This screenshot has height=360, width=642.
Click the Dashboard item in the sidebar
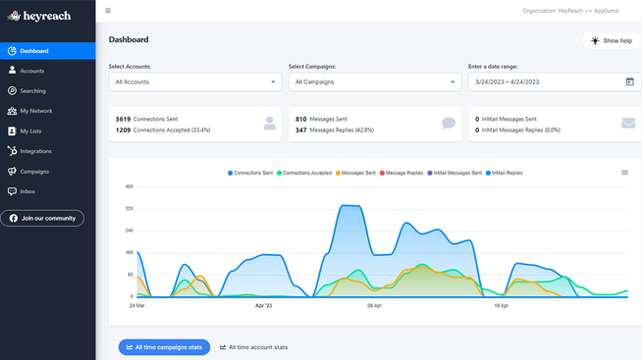tap(33, 51)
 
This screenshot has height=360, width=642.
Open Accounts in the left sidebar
tap(31, 71)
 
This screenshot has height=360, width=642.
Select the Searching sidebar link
tap(32, 91)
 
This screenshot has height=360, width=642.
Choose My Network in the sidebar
tap(35, 111)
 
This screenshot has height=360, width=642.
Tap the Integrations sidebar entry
tap(35, 151)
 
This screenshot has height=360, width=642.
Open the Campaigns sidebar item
tap(34, 172)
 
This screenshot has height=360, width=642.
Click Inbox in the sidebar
tap(27, 191)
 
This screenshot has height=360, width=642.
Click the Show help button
tap(612, 41)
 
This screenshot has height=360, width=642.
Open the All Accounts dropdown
tap(194, 82)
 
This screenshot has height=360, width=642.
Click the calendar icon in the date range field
tap(629, 82)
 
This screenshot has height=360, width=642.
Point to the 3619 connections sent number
tap(123, 119)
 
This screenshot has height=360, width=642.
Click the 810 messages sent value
tap(300, 119)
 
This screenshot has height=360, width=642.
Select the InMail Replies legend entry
tap(505, 173)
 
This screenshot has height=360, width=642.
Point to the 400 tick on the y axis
tap(129, 186)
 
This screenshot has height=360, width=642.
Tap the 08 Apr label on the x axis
tap(374, 305)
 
